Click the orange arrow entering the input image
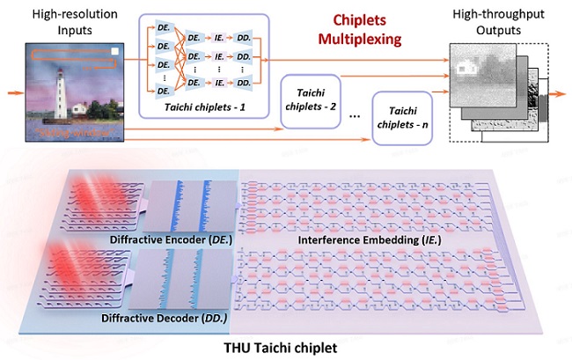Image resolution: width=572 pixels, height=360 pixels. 13,90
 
